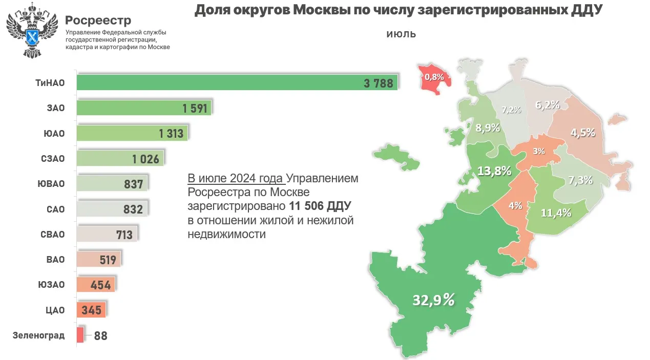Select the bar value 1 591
[194, 108]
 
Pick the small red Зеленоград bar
[80, 335]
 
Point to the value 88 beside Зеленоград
[100, 336]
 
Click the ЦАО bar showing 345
[91, 310]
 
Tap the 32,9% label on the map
[433, 300]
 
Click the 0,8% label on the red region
[434, 77]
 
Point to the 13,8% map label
[494, 171]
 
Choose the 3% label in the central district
[538, 152]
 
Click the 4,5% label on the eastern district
[582, 133]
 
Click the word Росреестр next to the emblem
[98, 20]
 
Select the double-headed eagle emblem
[31, 29]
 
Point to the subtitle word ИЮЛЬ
[401, 35]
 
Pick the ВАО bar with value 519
[98, 259]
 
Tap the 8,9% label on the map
[487, 128]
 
